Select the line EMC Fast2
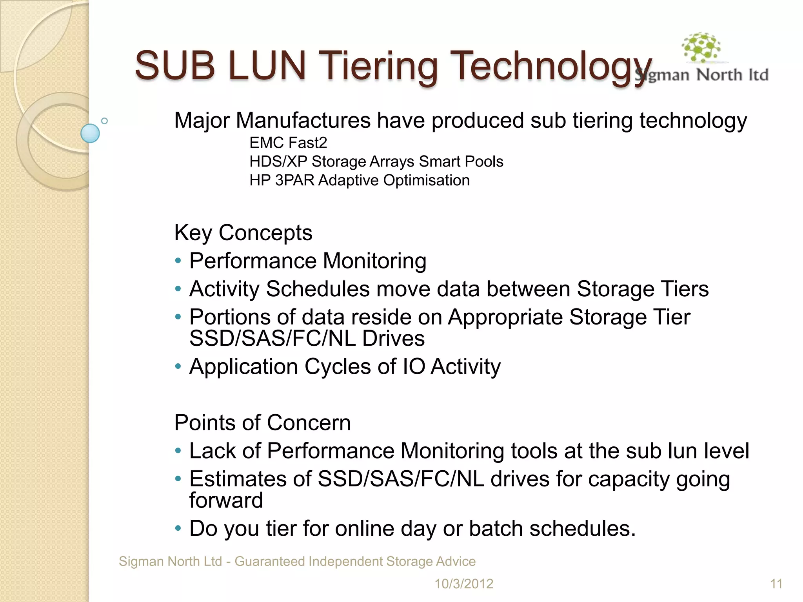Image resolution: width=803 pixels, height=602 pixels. [288, 143]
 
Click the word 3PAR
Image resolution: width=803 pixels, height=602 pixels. [295, 180]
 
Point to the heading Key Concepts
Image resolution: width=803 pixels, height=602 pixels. [243, 233]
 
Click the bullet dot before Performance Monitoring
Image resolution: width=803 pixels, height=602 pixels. [178, 261]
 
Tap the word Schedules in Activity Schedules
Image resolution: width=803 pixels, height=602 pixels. [318, 289]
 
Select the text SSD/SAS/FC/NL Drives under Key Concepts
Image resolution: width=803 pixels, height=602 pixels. [307, 339]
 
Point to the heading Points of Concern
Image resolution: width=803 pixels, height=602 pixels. [262, 423]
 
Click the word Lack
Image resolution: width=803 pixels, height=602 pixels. [213, 451]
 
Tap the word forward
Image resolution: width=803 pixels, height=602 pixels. [226, 500]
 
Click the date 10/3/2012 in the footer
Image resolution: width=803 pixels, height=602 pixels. [464, 584]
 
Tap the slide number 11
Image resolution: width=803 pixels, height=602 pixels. [776, 584]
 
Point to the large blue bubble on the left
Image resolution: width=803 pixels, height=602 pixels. [90, 133]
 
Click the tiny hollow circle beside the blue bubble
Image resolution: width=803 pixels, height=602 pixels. [104, 121]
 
